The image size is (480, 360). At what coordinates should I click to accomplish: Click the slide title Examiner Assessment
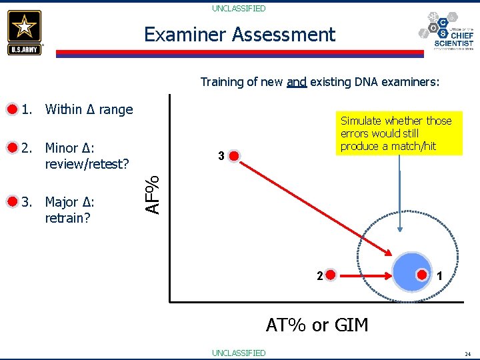click(x=240, y=34)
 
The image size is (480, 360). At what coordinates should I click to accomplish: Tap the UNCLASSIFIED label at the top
click(x=239, y=9)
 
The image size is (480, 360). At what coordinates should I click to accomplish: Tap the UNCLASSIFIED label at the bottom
click(x=239, y=353)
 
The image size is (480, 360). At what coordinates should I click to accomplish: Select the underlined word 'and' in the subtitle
click(x=296, y=82)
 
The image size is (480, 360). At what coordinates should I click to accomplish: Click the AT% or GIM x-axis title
click(x=317, y=325)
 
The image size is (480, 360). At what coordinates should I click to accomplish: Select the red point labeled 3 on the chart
click(x=234, y=157)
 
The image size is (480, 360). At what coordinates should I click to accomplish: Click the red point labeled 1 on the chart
click(x=422, y=274)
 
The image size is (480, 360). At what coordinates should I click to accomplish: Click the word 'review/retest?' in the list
click(x=87, y=164)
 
